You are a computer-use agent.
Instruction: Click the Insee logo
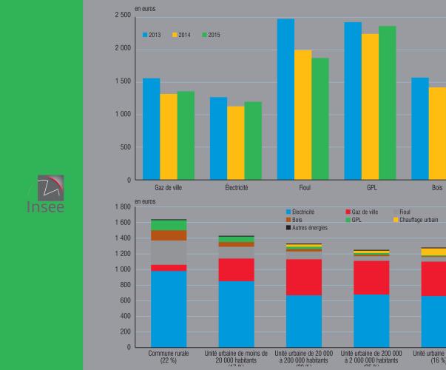[x=50, y=195]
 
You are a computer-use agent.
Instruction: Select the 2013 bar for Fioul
[x=285, y=99]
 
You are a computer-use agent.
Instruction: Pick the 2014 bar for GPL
[x=370, y=107]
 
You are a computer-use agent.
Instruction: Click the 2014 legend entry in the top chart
[x=182, y=35]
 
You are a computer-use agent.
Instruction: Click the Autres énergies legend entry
[x=307, y=228]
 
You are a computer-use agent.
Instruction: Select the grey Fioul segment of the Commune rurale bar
[x=169, y=252]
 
